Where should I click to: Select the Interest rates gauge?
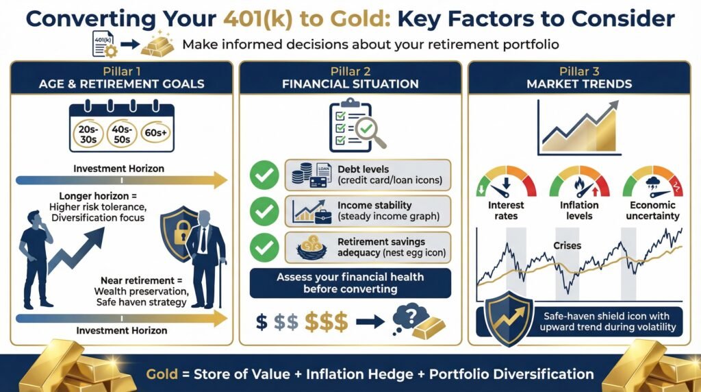point(506,182)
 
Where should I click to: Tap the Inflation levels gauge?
point(579,182)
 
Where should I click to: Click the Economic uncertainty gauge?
point(652,182)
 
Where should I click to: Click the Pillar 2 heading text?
point(350,71)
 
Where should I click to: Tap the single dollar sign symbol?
point(261,321)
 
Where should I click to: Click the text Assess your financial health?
point(350,278)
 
